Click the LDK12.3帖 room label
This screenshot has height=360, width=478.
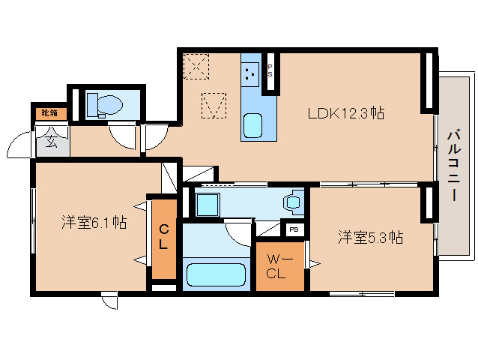[x=346, y=114]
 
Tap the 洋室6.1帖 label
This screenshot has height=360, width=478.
[x=94, y=222]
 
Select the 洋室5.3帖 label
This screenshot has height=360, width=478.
[x=370, y=238]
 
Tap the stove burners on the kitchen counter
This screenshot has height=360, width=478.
[x=251, y=73]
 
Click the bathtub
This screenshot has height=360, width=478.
[x=216, y=274]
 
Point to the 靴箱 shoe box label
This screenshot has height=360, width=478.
[x=49, y=113]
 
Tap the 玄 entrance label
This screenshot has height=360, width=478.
[x=51, y=140]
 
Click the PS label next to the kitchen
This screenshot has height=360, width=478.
[x=270, y=71]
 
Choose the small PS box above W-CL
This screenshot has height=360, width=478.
[x=294, y=229]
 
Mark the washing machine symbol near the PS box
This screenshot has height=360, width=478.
[x=291, y=202]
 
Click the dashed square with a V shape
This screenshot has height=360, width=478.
[x=214, y=105]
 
